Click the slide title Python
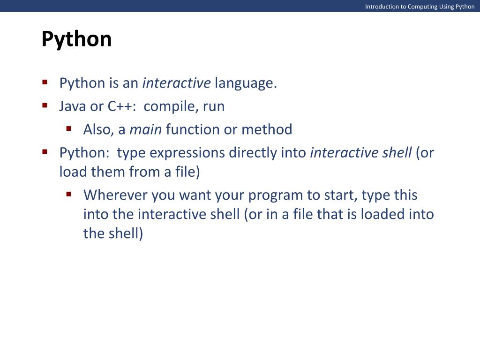[76, 39]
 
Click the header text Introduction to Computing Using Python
[420, 7]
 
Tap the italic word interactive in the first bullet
[177, 83]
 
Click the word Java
[73, 106]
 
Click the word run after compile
[214, 107]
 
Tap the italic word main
[146, 129]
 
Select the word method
[267, 129]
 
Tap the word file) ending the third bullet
[187, 172]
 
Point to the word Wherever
[115, 195]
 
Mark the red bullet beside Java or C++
[45, 105]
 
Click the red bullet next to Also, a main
[69, 128]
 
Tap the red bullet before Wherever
[69, 194]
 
